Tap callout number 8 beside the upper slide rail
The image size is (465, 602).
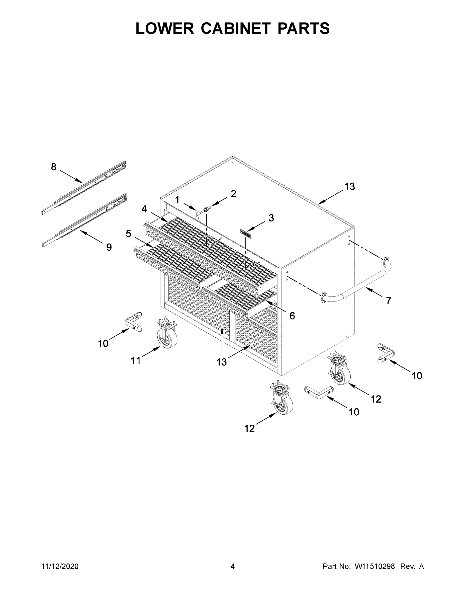coord(54,167)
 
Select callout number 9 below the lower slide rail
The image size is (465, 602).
coord(109,247)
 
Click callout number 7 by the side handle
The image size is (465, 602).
coord(388,300)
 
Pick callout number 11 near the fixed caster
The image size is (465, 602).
coord(136,360)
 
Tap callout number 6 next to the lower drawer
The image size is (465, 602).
coord(292,316)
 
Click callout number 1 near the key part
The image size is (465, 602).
coord(177,200)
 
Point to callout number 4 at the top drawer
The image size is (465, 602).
coord(144,209)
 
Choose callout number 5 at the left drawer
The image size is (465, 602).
coord(128,234)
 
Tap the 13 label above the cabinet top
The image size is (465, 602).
coord(350,187)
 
